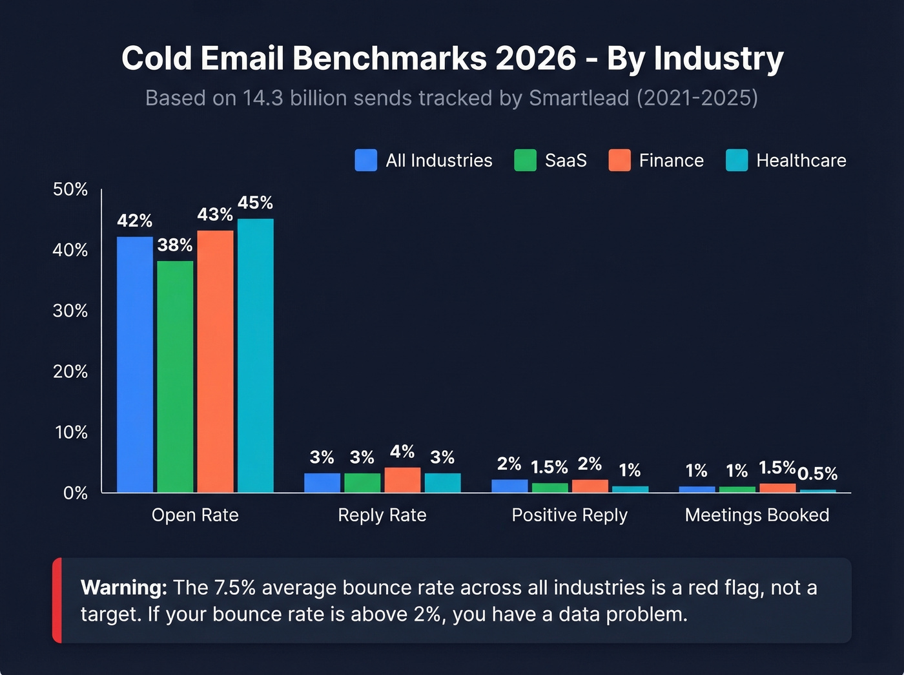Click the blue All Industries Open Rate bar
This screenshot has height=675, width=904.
pyautogui.click(x=135, y=365)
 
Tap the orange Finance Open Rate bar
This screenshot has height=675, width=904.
pyautogui.click(x=215, y=362)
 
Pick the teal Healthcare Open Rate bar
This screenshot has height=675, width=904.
pyautogui.click(x=255, y=355)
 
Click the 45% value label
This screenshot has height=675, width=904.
pyautogui.click(x=255, y=203)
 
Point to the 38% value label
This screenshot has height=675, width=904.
pyautogui.click(x=175, y=245)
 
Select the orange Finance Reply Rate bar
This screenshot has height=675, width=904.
pyautogui.click(x=402, y=480)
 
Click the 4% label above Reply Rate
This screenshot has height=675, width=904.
pyautogui.click(x=402, y=452)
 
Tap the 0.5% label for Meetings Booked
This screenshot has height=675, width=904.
pyautogui.click(x=817, y=473)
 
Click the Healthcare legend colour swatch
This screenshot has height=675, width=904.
pyautogui.click(x=737, y=160)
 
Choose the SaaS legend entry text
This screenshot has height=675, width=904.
pyautogui.click(x=566, y=160)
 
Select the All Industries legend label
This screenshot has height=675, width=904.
pyautogui.click(x=439, y=160)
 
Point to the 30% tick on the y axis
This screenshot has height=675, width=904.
pyautogui.click(x=70, y=311)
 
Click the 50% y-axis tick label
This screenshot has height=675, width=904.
pyautogui.click(x=70, y=189)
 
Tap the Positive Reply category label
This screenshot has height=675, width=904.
pyautogui.click(x=570, y=515)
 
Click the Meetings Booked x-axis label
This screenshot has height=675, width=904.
pyautogui.click(x=757, y=515)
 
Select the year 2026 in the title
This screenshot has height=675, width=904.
pyautogui.click(x=535, y=58)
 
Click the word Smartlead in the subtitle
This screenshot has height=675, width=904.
pyautogui.click(x=579, y=98)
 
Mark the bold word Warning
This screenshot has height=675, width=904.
pyautogui.click(x=123, y=587)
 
